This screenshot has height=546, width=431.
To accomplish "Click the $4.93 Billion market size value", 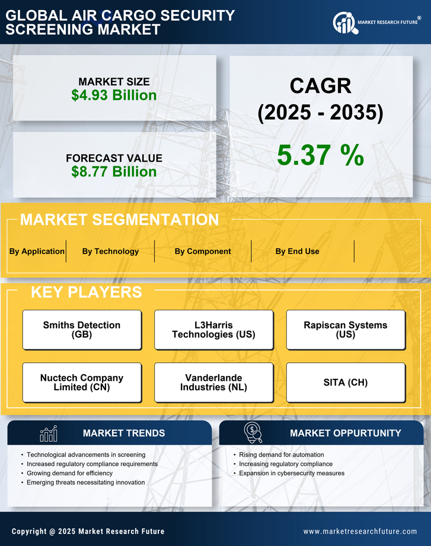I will click(114, 95).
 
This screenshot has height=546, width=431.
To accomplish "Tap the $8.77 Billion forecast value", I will click(114, 172).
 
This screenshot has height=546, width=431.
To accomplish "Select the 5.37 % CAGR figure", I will click(320, 155).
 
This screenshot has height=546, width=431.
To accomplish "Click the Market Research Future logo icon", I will click(343, 23).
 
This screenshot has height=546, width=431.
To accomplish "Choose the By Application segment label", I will click(37, 251).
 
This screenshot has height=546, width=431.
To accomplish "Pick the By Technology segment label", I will click(110, 251).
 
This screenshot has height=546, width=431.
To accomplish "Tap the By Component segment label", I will click(203, 251).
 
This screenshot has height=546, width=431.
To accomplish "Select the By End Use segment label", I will click(297, 251).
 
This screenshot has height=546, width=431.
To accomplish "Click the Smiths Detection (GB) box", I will click(82, 330).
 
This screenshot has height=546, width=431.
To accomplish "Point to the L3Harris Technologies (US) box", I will click(213, 330).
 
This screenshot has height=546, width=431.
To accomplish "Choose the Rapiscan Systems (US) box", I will click(346, 330).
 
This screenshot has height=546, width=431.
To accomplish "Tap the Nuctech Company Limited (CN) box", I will click(82, 383).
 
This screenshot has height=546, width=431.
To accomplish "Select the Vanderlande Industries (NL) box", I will click(213, 383).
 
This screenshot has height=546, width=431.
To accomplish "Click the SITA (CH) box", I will click(346, 383).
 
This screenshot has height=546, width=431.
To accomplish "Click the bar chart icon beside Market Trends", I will click(48, 433).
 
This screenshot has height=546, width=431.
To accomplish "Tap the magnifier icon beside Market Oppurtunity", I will click(253, 433).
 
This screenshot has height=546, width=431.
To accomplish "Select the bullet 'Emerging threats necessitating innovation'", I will click(86, 483).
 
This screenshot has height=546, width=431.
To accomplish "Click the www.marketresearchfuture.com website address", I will click(360, 531).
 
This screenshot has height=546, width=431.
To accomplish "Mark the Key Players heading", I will click(86, 292).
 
